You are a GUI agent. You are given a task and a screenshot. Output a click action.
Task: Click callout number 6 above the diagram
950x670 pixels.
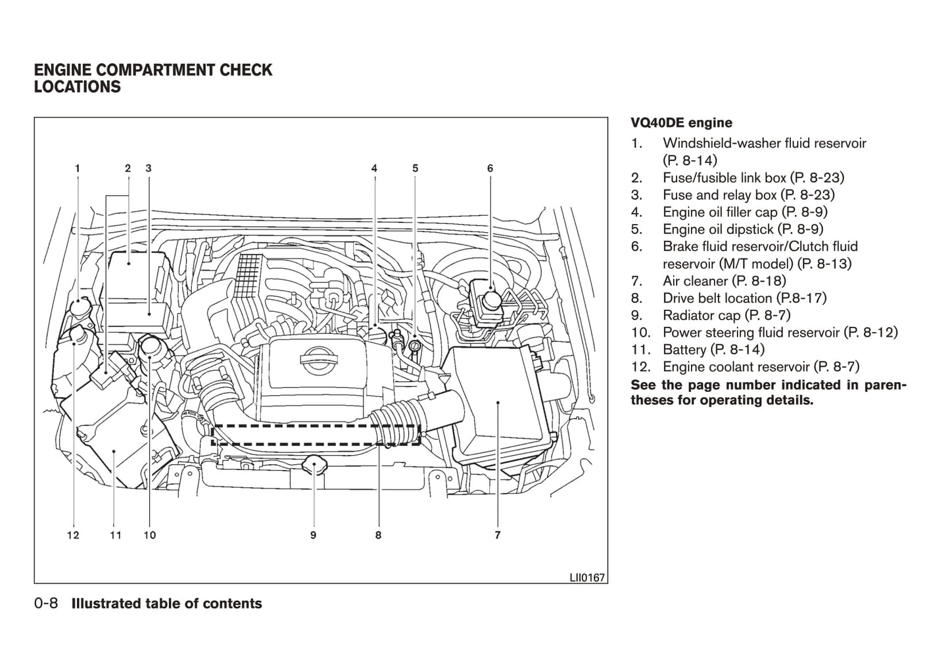[x=490, y=168]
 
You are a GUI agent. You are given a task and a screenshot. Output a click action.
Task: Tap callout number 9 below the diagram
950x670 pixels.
[x=314, y=535]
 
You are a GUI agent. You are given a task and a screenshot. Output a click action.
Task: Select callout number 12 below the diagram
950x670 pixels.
[x=73, y=535]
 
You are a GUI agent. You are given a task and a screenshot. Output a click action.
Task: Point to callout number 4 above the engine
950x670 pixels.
[x=374, y=168]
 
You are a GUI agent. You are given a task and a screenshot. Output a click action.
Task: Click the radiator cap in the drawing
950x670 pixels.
[x=314, y=466]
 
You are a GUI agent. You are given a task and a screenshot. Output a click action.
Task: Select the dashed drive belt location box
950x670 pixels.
[x=316, y=435]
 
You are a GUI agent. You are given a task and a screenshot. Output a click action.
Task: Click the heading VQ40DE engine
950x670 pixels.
[x=681, y=123]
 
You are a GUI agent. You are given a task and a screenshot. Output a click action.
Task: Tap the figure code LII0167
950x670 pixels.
[x=587, y=577]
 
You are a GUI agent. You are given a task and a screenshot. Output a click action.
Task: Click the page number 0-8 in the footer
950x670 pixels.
[x=47, y=604]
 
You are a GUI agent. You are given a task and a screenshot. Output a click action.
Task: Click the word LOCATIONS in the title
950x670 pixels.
[x=78, y=87]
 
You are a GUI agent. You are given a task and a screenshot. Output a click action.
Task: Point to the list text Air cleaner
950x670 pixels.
[x=695, y=281]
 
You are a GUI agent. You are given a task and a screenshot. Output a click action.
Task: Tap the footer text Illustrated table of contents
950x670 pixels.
[x=166, y=604]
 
